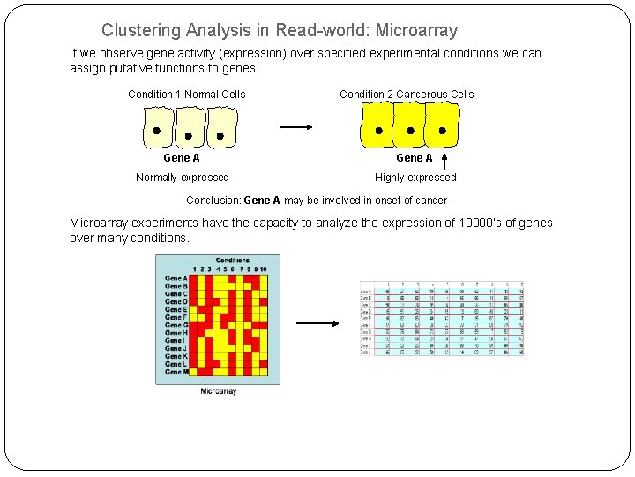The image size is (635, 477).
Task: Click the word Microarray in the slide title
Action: coord(416,31)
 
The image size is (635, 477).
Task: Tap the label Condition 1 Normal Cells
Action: coord(186,95)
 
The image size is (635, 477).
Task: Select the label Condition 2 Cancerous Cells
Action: coord(407,95)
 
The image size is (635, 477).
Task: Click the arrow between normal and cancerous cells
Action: coord(296,127)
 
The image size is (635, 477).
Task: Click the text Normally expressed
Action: coord(182,178)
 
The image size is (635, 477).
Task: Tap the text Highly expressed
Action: coord(415,178)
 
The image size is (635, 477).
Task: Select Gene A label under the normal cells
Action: coord(182,158)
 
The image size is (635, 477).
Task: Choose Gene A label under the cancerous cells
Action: coord(414,158)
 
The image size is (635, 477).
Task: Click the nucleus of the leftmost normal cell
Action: coord(157,131)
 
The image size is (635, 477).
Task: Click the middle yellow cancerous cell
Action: coord(410,124)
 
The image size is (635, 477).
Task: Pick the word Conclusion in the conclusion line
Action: coord(213,201)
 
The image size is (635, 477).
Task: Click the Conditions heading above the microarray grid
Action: coord(232,261)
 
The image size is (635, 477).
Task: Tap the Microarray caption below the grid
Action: coord(218,390)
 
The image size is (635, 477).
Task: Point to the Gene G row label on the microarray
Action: coord(176,325)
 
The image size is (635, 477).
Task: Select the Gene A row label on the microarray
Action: coord(176,278)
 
